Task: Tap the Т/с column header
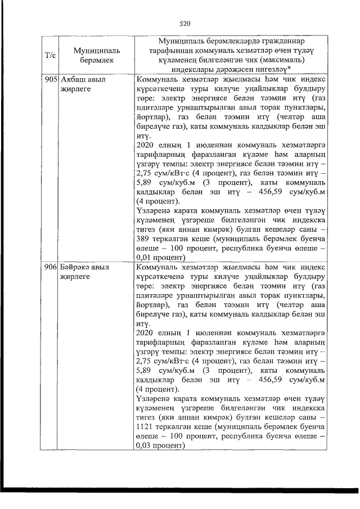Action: (49, 55)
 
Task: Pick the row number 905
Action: (51, 80)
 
